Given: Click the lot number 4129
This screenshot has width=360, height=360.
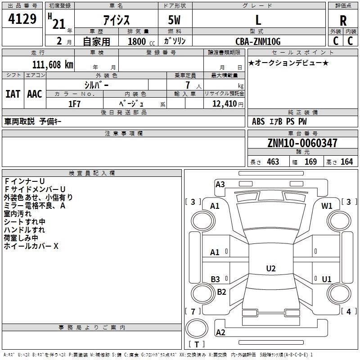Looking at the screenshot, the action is click(x=22, y=19).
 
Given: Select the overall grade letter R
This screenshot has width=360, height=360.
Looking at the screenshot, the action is click(x=343, y=21).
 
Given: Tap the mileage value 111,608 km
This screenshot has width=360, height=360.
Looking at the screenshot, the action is click(x=53, y=65).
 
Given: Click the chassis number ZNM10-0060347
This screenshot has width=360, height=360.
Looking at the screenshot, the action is click(x=302, y=143).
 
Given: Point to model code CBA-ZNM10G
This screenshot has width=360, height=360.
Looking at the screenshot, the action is click(x=258, y=41).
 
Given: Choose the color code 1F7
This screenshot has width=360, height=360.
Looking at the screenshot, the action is click(x=74, y=104).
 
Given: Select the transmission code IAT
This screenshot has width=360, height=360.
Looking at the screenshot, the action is click(x=13, y=94).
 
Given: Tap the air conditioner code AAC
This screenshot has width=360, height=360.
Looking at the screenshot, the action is click(x=35, y=94).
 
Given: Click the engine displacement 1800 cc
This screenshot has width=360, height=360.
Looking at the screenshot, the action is click(x=141, y=41).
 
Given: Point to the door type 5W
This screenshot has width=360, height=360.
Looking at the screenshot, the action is click(x=174, y=20).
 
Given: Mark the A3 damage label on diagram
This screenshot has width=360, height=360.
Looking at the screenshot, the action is click(x=220, y=184).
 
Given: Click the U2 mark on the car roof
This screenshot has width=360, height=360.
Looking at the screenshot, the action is click(x=271, y=268).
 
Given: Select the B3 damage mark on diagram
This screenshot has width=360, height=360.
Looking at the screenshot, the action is click(x=216, y=279).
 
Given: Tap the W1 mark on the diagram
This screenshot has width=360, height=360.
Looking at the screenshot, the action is click(x=327, y=206).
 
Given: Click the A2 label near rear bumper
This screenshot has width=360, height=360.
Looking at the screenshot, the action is click(x=220, y=332).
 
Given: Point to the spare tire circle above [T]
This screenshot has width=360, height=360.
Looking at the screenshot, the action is click(x=197, y=328).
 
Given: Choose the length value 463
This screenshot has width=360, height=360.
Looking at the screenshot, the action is click(x=273, y=162).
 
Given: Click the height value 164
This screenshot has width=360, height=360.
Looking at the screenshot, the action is click(x=346, y=162).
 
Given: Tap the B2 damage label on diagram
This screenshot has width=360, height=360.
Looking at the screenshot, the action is click(x=221, y=292).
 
